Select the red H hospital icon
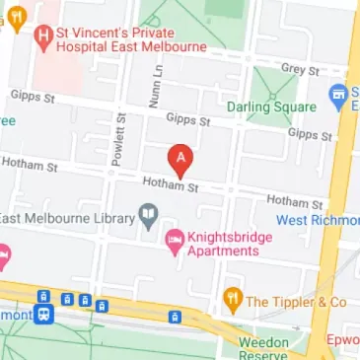tap(41, 38)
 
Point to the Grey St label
tap(299, 70)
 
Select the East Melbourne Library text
tap(67, 216)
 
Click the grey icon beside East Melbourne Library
tap(149, 215)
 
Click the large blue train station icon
tap(44, 317)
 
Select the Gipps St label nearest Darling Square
tap(307, 133)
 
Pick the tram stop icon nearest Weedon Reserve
tap(175, 317)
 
